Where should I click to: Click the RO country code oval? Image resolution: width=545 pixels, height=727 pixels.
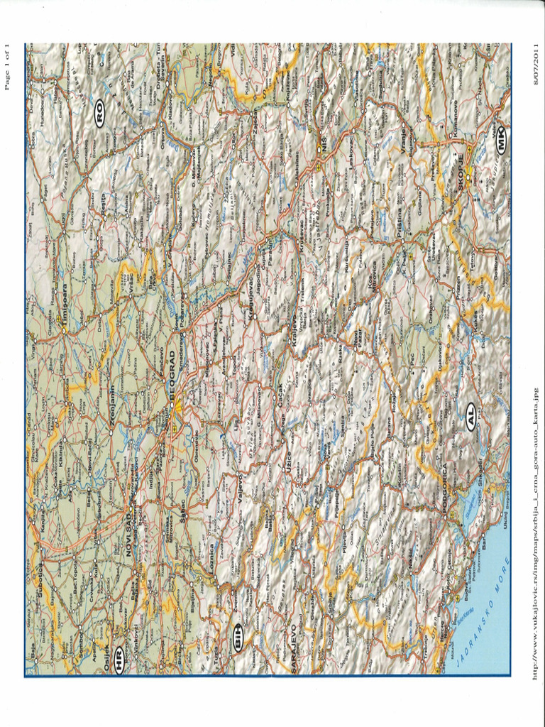point(100,114)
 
